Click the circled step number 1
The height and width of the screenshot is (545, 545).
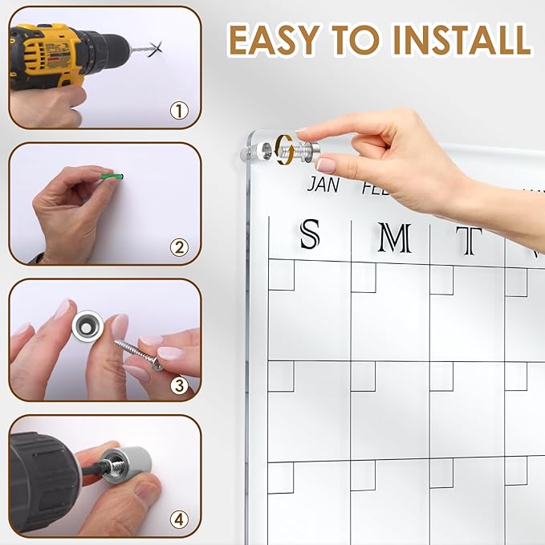(x=179, y=111)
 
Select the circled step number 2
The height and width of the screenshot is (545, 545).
(x=179, y=247)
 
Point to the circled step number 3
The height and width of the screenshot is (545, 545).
(x=179, y=384)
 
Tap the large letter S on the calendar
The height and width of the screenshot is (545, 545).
(x=310, y=235)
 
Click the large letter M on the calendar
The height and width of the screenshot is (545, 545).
(x=394, y=238)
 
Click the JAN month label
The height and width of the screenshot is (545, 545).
(x=323, y=185)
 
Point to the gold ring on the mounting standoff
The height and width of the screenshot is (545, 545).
(x=282, y=149)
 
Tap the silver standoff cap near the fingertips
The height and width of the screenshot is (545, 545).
(x=309, y=150)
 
